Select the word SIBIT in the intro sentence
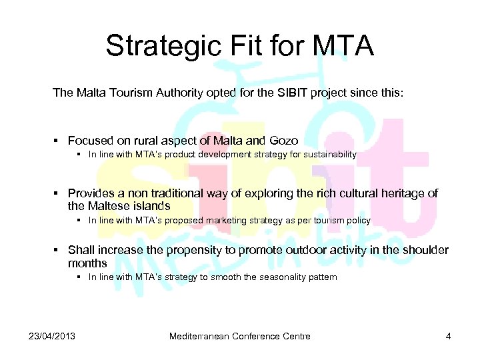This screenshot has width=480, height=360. pyautogui.click(x=288, y=93)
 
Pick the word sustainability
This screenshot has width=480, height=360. pyautogui.click(x=327, y=155)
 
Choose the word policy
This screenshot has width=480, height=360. pyautogui.click(x=357, y=220)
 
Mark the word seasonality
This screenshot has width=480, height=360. pyautogui.click(x=278, y=277)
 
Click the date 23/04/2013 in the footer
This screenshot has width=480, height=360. pyautogui.click(x=52, y=336)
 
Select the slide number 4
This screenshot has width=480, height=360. pyautogui.click(x=449, y=336)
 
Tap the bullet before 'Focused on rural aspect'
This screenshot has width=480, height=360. pyautogui.click(x=58, y=141)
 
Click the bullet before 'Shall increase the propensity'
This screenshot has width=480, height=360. pyautogui.click(x=58, y=250)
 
